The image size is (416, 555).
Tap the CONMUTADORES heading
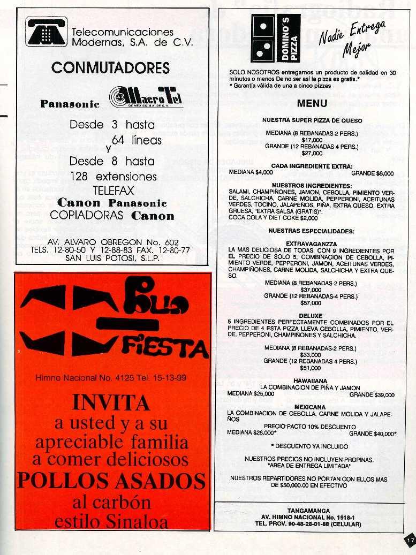[x=111, y=68]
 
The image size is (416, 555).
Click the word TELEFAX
[x=113, y=190]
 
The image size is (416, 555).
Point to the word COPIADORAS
[x=86, y=216]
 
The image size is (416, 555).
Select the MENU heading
[x=312, y=103]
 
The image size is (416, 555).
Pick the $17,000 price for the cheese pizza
[x=312, y=140]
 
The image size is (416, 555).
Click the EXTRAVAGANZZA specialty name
[x=311, y=243]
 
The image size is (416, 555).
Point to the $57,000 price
[x=311, y=302]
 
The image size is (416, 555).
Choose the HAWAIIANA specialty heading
[x=309, y=381]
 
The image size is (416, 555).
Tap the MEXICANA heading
[x=310, y=407]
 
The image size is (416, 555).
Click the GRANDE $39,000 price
[x=372, y=394]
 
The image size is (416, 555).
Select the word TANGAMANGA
[x=308, y=511]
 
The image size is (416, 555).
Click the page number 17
[x=410, y=541]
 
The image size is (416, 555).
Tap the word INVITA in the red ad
[x=111, y=402]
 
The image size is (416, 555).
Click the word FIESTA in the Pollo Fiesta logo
[x=164, y=348]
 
